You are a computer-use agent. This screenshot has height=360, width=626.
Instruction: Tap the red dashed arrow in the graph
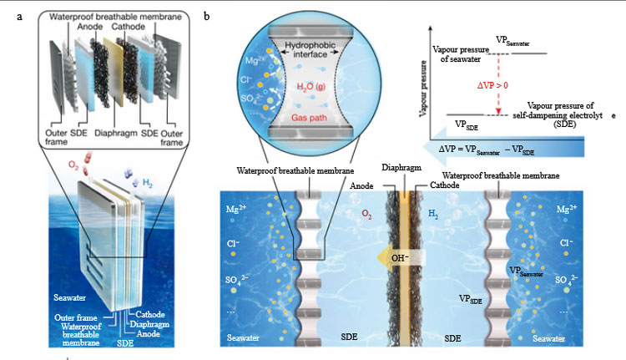pos(498,84)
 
